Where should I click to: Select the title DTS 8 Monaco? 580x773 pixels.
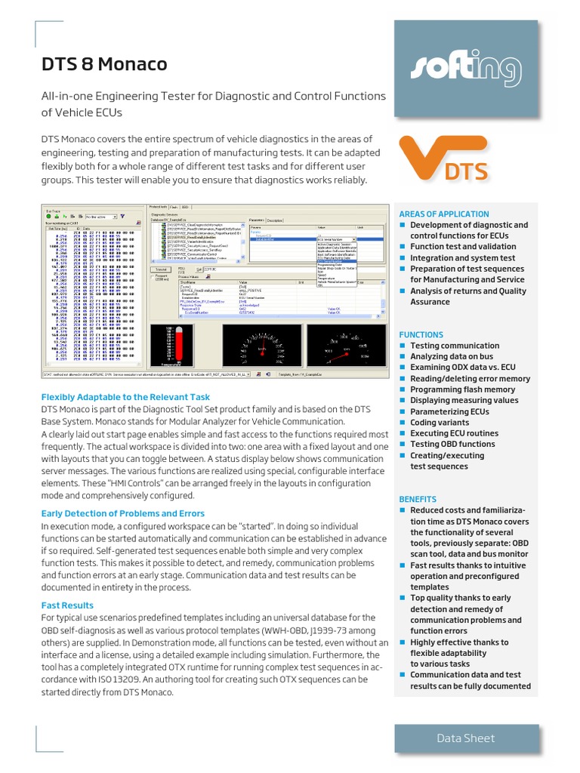[x=104, y=65]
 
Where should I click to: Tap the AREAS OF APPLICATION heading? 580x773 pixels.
[x=443, y=214]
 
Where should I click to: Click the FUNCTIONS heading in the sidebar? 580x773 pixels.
[x=421, y=334]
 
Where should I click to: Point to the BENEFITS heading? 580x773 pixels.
[x=418, y=499]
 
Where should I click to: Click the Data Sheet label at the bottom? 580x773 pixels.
[x=466, y=738]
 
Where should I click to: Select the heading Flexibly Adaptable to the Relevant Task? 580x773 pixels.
[x=125, y=397]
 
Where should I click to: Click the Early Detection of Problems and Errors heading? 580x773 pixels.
[x=122, y=513]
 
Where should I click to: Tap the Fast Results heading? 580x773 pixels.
[x=67, y=605]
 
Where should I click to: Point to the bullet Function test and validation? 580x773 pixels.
[x=463, y=247]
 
